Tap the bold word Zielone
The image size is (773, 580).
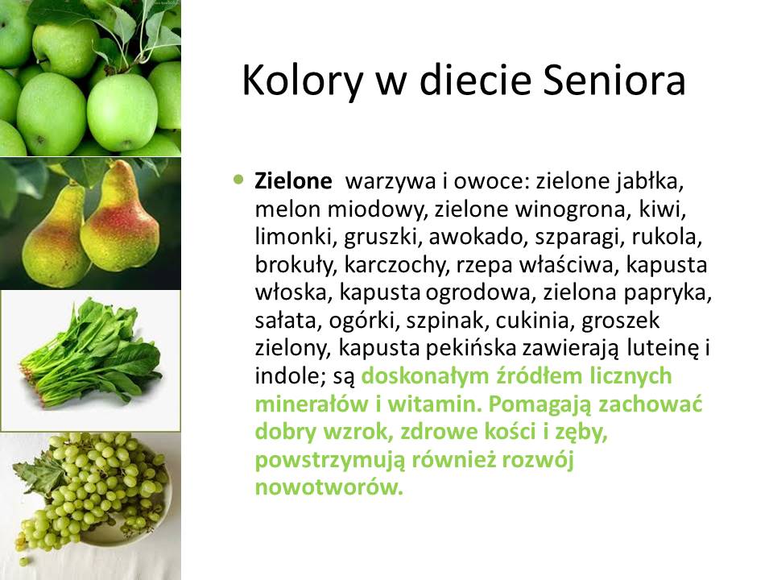tap(293, 181)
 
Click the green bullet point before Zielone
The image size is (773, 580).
tap(239, 180)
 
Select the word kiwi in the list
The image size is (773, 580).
tap(663, 209)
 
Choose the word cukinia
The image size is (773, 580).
tap(535, 321)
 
